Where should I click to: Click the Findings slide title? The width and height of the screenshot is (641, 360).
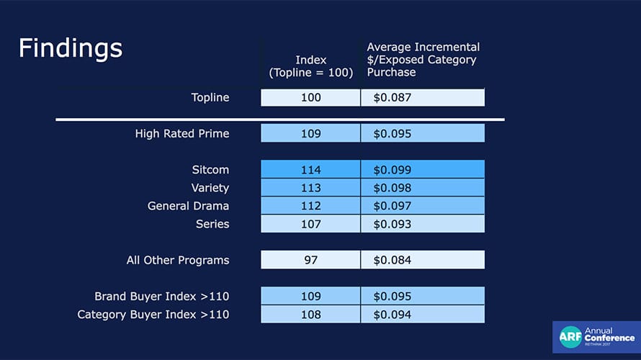pos(71,49)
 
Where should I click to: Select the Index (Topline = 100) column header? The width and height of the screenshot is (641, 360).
pos(310,66)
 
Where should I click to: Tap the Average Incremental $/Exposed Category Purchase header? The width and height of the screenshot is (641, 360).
pos(423,60)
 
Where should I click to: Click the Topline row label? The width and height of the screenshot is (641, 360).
pos(210,97)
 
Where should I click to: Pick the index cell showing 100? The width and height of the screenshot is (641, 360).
pos(310,98)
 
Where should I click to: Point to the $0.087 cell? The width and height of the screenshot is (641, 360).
pos(423,98)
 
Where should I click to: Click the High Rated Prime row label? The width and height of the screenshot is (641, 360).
pos(182,134)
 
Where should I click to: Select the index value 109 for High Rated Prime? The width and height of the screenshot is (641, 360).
pos(310,134)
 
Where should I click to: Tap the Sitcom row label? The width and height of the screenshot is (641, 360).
pos(210,170)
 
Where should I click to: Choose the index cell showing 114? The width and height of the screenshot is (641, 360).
pos(310,170)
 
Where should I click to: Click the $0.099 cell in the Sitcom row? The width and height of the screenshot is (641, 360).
pos(423,170)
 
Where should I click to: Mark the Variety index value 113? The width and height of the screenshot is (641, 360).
pos(310,188)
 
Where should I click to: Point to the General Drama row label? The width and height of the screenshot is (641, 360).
pos(188,206)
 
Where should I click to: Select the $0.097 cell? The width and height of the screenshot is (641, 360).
pos(423,206)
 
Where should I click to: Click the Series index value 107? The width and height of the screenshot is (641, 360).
pos(310,224)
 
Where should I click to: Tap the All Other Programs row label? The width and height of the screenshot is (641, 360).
pos(178,261)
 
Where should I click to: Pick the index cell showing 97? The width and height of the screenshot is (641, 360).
pos(310,260)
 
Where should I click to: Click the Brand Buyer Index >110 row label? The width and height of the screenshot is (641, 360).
pos(162,296)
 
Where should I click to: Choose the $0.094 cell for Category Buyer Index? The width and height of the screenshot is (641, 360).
pos(423,314)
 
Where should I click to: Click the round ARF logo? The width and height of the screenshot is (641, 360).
pos(570,337)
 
